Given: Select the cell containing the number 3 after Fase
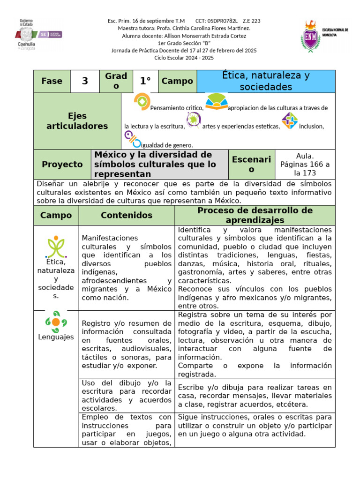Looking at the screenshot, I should click(x=85, y=81).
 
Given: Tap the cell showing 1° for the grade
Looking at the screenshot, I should click(x=145, y=81).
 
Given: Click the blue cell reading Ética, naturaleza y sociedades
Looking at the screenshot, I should click(x=266, y=81).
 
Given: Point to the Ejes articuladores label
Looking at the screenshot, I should click(x=77, y=121).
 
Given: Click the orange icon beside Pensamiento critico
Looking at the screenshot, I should click(x=142, y=102).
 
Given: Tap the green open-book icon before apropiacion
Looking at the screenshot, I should click(x=216, y=101).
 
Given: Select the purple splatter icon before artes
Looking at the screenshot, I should click(x=193, y=120).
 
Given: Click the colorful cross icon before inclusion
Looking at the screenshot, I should click(x=289, y=120).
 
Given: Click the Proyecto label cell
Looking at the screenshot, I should click(x=62, y=165).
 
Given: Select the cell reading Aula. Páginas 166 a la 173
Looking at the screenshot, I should click(x=305, y=165).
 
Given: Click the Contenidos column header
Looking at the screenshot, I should click(x=127, y=215).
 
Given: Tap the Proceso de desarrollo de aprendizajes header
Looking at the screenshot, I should click(x=255, y=215).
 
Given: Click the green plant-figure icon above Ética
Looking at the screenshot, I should click(x=56, y=247).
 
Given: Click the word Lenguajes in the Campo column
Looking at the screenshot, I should click(x=56, y=337).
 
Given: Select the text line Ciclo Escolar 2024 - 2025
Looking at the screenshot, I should click(x=184, y=58).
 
